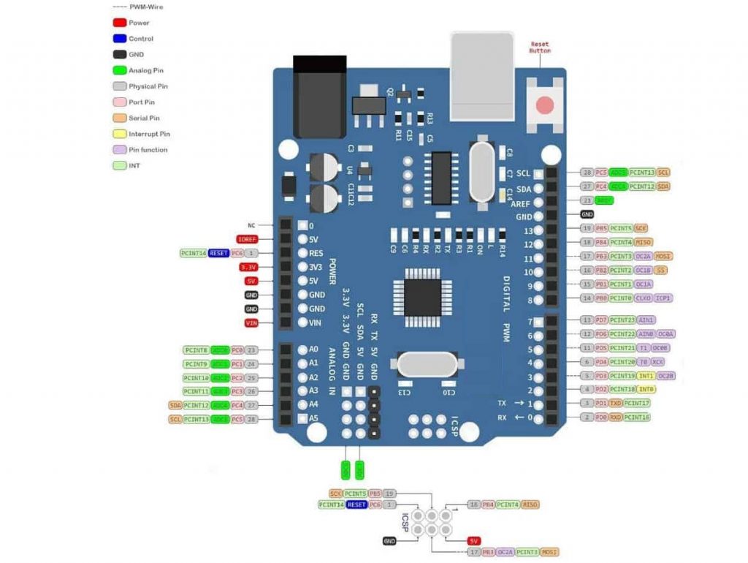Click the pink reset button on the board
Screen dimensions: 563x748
545,105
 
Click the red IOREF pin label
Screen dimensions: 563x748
247,239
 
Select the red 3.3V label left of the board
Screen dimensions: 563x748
247,267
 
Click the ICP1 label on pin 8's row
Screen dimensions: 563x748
663,298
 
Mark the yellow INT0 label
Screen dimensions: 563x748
646,390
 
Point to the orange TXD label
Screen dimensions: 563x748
616,404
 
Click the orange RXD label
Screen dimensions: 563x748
616,417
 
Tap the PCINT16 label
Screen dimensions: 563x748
637,417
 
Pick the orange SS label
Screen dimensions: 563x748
662,271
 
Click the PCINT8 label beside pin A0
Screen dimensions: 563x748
196,350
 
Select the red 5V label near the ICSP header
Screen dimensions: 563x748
474,540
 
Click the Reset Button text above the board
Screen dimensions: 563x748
540,48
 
